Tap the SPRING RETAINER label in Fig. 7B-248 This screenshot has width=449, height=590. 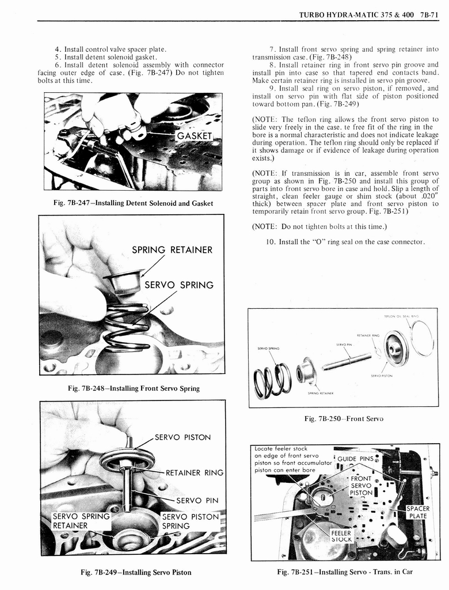pyautogui.click(x=172, y=249)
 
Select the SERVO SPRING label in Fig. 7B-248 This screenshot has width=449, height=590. pyautogui.click(x=178, y=285)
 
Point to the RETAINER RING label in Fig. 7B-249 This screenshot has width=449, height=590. pyautogui.click(x=194, y=473)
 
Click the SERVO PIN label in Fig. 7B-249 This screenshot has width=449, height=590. pyautogui.click(x=197, y=500)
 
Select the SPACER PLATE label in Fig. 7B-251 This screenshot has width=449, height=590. pyautogui.click(x=418, y=512)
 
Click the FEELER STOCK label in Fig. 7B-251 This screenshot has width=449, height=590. pyautogui.click(x=341, y=536)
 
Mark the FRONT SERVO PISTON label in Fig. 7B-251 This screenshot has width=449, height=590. pyautogui.click(x=361, y=485)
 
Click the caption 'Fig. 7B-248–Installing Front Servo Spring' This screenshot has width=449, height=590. pyautogui.click(x=134, y=388)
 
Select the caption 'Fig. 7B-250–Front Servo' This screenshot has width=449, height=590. pyautogui.click(x=344, y=419)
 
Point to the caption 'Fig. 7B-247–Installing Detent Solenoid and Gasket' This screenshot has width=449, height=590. pyautogui.click(x=133, y=203)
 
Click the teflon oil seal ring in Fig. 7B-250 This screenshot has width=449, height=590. pyautogui.click(x=423, y=338)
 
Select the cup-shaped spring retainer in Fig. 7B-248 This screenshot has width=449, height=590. pyautogui.click(x=123, y=282)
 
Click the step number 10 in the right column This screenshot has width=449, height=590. pyautogui.click(x=271, y=241)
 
